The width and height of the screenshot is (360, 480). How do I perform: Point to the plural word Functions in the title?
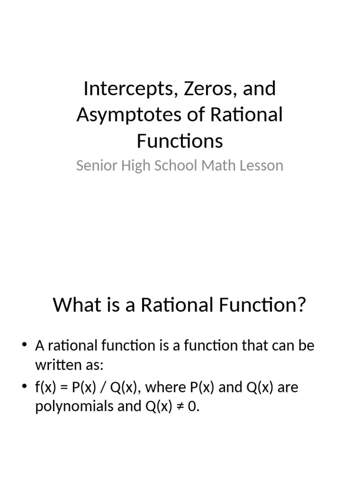click(180, 141)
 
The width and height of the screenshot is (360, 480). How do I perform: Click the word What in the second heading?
click(71, 305)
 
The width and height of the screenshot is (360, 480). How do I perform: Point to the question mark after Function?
click(301, 305)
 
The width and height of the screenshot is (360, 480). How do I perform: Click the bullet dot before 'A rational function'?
click(24, 345)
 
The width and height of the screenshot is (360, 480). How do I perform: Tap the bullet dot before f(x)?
click(24, 387)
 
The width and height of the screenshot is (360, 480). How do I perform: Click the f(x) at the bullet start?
click(45, 388)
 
